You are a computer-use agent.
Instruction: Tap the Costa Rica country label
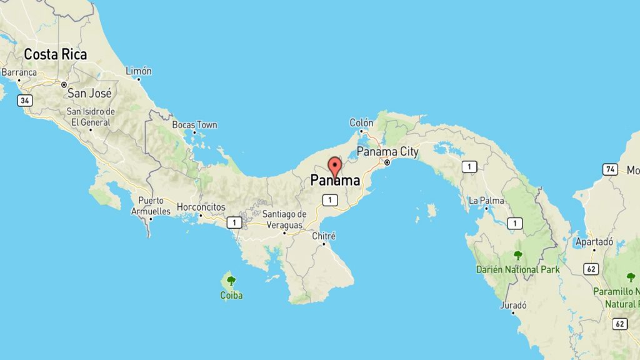[55, 54]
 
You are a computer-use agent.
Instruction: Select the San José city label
[89, 93]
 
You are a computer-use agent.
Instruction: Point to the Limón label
[139, 71]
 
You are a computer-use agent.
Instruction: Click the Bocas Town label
[198, 125]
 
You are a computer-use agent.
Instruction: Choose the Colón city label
[361, 123]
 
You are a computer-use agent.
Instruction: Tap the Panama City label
[387, 152]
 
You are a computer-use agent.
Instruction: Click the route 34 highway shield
[24, 100]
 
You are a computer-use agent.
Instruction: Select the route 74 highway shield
[611, 169]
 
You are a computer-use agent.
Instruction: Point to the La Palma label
[487, 201]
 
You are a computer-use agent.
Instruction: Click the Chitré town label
[324, 236]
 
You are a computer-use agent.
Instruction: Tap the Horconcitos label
[201, 206]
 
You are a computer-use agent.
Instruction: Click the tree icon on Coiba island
[231, 281]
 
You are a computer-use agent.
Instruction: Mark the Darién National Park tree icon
[517, 255]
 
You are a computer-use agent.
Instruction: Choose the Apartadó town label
[594, 241]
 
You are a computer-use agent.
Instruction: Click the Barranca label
[19, 72]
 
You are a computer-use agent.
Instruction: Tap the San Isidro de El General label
[91, 117]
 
